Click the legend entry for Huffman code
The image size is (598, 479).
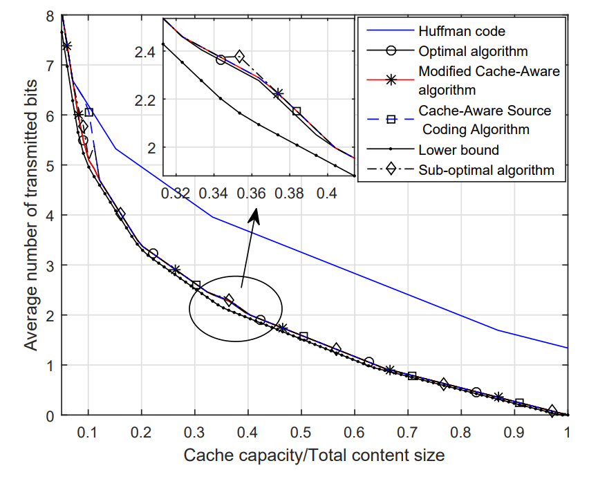461,31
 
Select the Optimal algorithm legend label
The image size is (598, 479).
473,51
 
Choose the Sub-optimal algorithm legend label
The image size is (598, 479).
486,169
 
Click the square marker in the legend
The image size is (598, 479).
391,120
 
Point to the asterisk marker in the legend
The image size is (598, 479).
391,80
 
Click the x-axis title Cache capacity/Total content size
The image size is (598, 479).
314,455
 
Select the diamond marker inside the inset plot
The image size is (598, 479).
239,57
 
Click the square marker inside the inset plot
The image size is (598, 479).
297,111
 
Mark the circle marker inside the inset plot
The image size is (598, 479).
221,59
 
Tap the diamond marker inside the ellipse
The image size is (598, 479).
229,300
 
